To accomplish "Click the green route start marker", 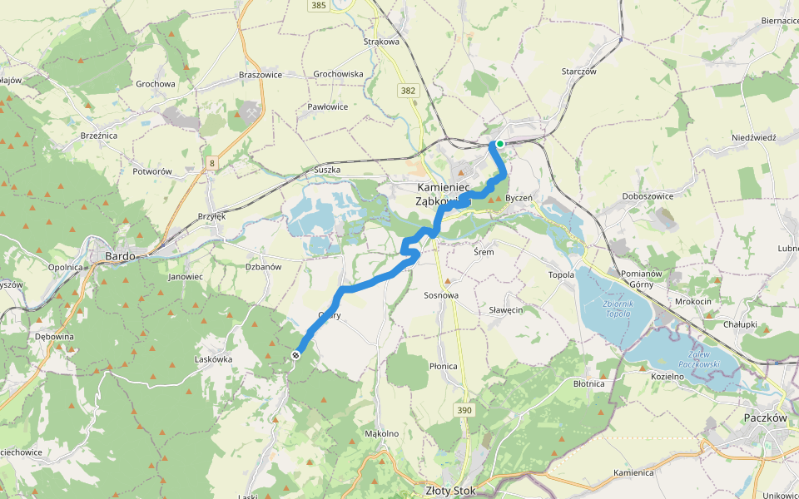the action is click(500, 144).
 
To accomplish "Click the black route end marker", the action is click(296, 355).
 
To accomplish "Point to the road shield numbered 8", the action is click(212, 164).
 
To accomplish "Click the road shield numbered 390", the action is click(464, 410).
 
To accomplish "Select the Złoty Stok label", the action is click(449, 491).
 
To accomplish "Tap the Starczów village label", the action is click(579, 72).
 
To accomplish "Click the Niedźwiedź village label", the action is click(753, 137).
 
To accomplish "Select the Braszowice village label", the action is click(261, 74).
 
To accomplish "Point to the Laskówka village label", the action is click(213, 359).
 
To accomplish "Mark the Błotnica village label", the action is click(589, 383).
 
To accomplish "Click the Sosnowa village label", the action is click(441, 295).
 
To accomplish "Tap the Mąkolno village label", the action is click(382, 433).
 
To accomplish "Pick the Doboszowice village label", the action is click(648, 196).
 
